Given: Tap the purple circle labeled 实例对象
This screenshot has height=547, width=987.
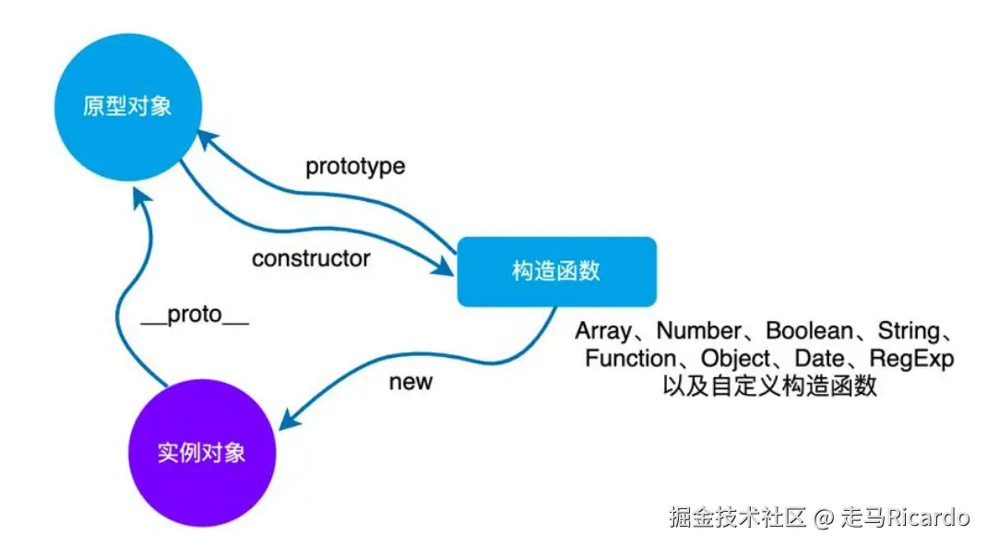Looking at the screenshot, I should coord(201,453).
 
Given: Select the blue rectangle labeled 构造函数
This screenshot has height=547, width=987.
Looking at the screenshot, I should coord(556,271).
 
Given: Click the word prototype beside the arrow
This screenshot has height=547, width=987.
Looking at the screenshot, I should coord(355,167).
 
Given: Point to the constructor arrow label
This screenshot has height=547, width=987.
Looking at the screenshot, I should coord(311,258).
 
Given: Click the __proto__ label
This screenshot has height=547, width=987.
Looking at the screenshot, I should coord(195,315).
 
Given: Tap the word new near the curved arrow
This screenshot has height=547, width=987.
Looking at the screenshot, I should coord(410,382).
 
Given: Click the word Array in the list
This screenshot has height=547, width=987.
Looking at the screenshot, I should coord(603,331).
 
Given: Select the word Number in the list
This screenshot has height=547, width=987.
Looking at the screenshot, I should coord(698,331).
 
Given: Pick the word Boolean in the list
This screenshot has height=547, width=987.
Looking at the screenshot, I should coord(809,331).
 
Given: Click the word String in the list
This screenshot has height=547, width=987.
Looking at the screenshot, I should coord(909,331).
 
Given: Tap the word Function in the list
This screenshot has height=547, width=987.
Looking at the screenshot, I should coord(630,358).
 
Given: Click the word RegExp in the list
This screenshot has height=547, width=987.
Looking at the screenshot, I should coord(912,358).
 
